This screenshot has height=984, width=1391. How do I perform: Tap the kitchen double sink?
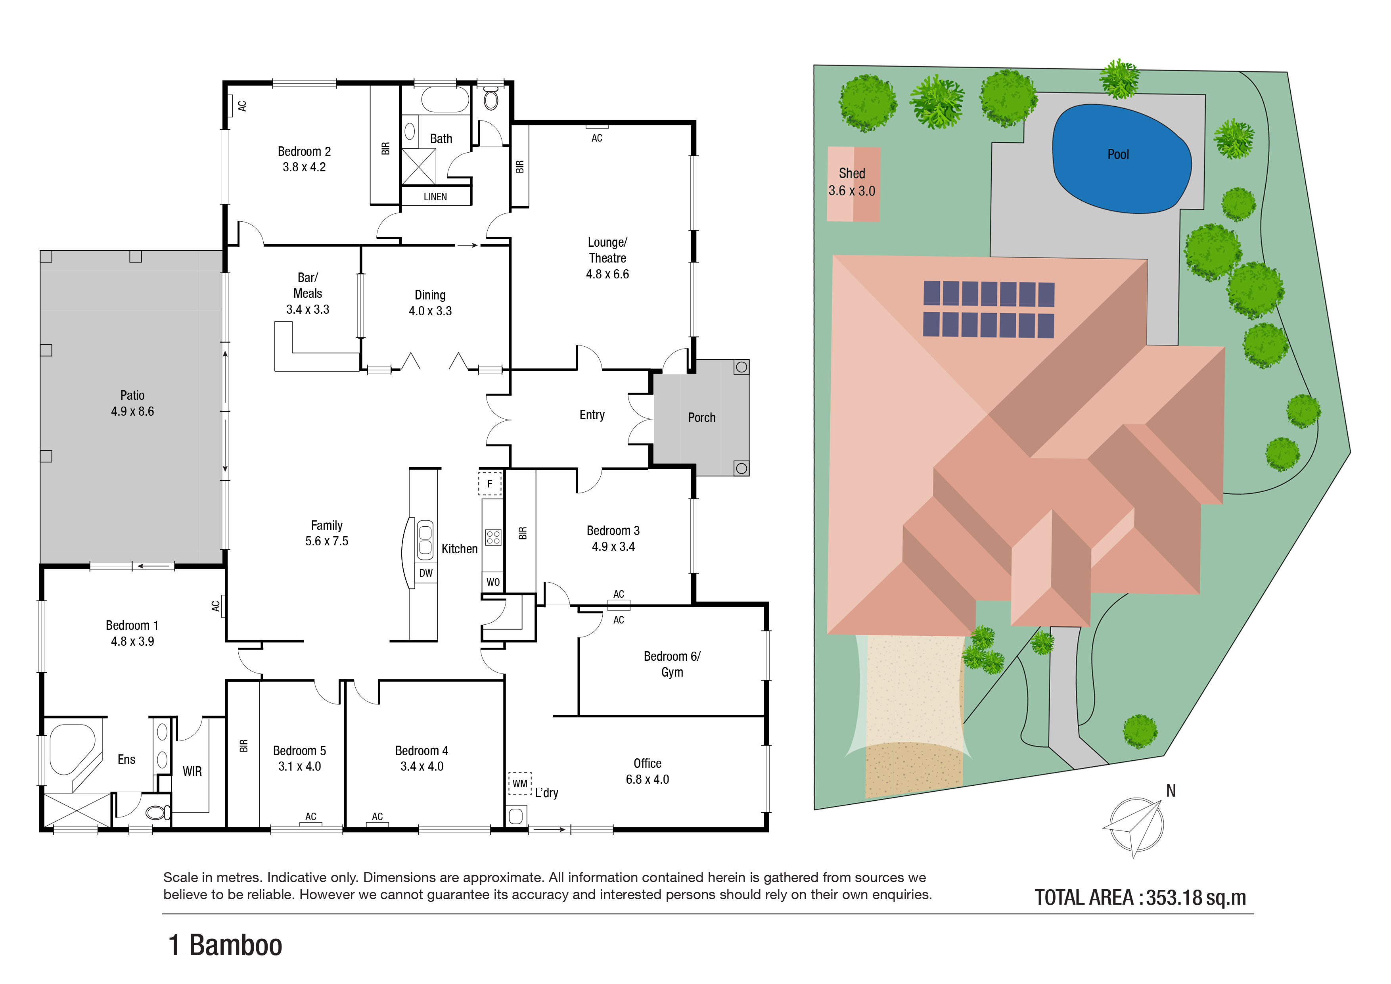pyautogui.click(x=425, y=539)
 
